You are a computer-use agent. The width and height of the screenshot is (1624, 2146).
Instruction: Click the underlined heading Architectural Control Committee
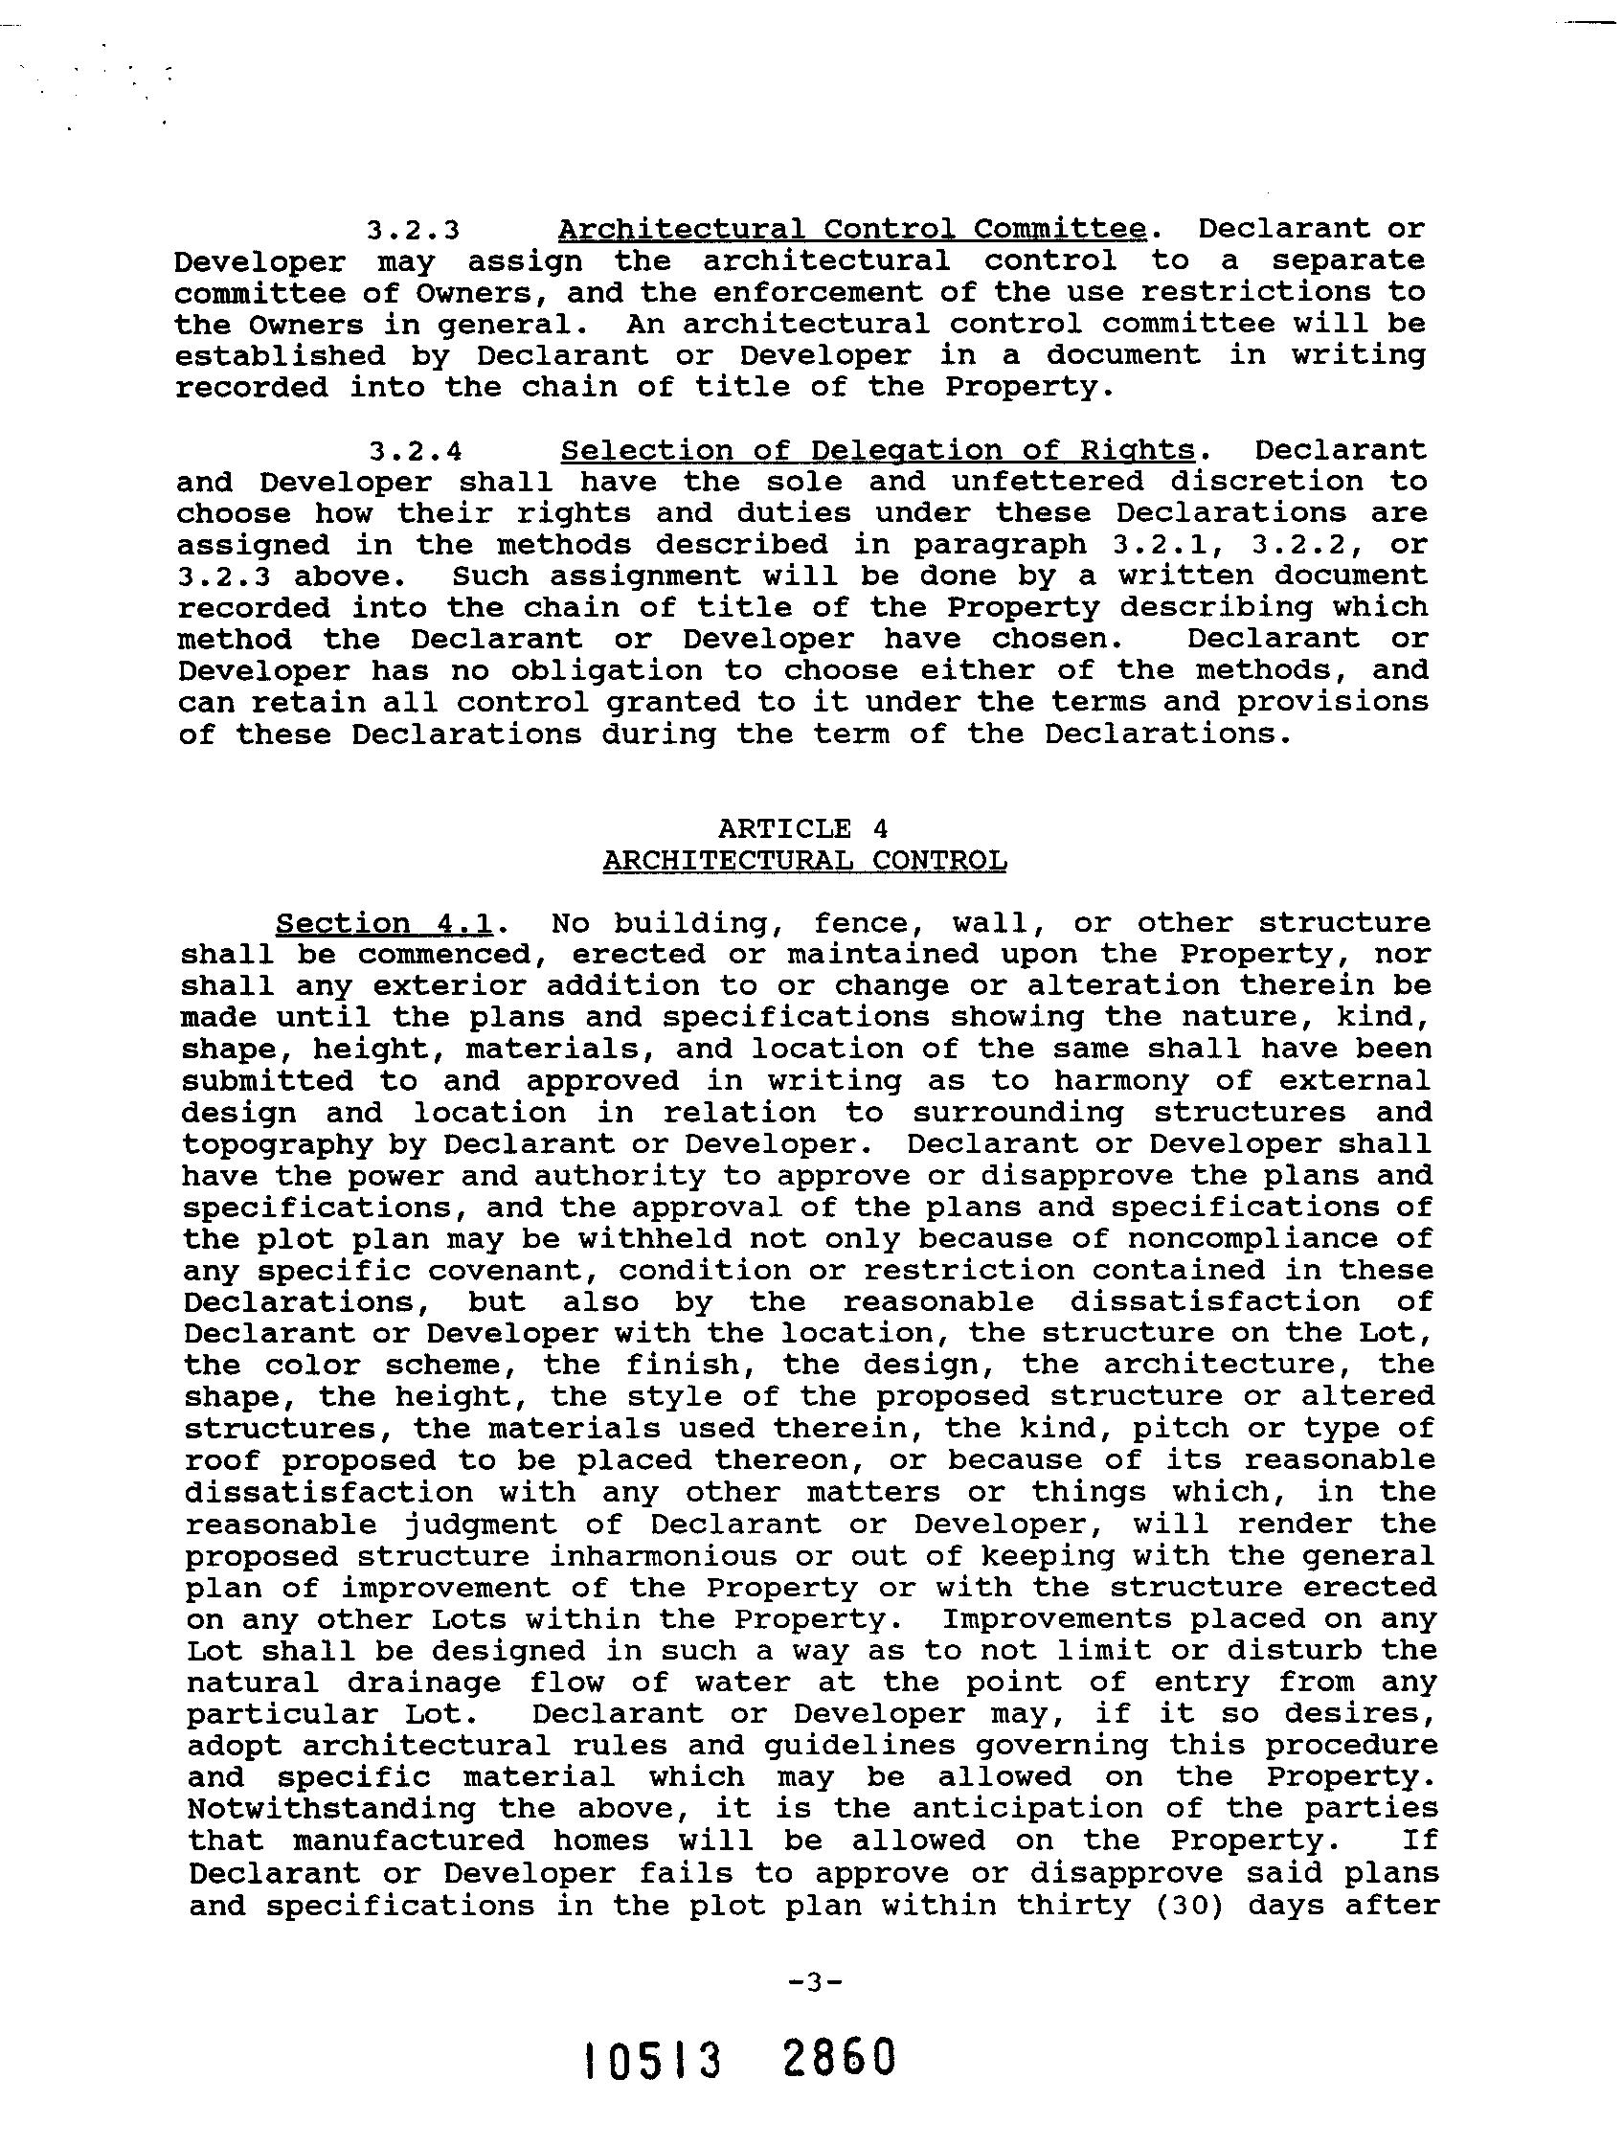pos(853,229)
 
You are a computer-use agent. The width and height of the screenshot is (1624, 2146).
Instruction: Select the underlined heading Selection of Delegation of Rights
pos(878,450)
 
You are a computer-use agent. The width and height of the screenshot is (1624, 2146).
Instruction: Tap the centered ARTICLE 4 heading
pos(803,828)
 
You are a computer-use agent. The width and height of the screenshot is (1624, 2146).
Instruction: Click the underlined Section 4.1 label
pos(383,922)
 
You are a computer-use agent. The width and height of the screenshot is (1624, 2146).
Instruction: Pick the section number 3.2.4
pos(416,451)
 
